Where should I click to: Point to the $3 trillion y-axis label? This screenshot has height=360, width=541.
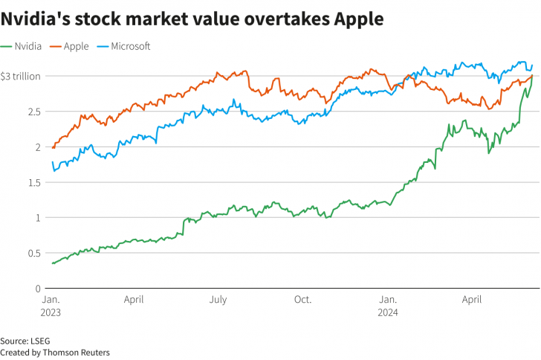coord(21,76)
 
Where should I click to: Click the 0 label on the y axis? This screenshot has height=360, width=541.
coord(37,289)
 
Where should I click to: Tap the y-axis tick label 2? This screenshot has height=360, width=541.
coord(37,147)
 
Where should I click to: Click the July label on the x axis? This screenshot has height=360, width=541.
coord(218,300)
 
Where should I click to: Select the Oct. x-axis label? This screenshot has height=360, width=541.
coord(302,300)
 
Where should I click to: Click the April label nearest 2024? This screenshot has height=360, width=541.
coord(473,300)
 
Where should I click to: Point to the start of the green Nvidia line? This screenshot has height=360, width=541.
coord(52,263)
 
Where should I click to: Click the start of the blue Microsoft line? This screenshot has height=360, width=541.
coord(52,162)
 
